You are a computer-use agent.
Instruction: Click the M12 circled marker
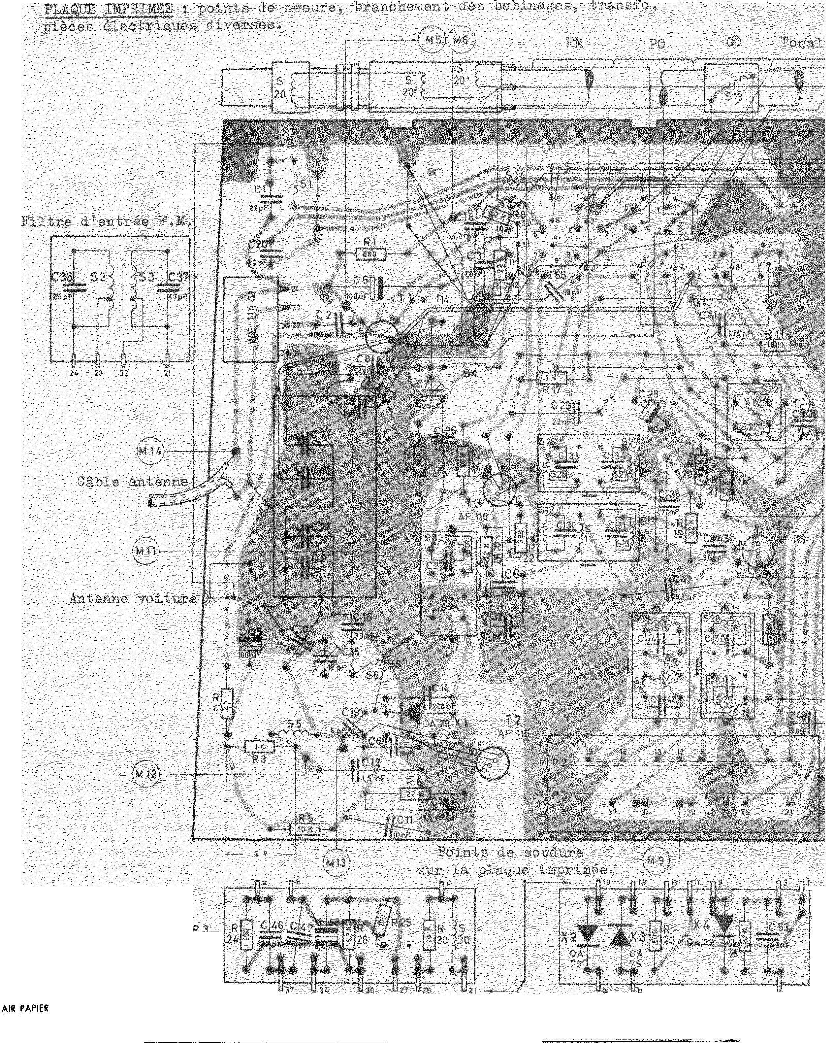(145, 774)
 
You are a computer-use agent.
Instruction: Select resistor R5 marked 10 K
(304, 830)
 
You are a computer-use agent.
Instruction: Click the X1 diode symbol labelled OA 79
(410, 712)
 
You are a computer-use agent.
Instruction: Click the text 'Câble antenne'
(132, 482)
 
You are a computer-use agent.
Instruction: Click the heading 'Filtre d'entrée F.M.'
(106, 222)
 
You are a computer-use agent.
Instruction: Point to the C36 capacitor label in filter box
(62, 278)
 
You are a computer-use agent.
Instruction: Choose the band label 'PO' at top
(656, 44)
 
